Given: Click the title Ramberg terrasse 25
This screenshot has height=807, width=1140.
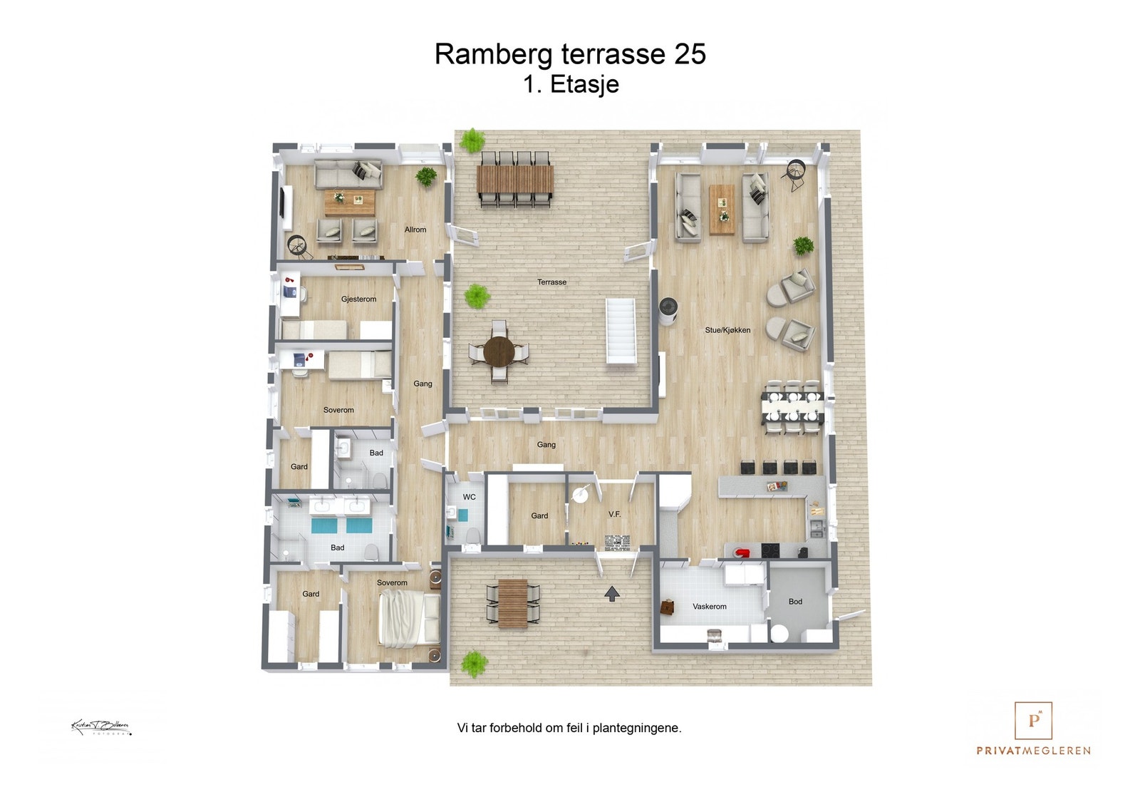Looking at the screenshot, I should tap(570, 54).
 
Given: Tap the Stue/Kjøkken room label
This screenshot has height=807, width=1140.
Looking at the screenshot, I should tap(727, 330).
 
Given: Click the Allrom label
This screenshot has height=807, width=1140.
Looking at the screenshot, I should tap(415, 230).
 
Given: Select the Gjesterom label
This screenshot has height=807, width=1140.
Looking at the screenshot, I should tap(358, 299).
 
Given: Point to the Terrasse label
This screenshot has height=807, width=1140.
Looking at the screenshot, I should tap(551, 282).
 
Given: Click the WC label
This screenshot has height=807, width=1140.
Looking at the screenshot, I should tap(469, 497).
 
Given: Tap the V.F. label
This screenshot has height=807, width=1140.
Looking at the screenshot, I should tap(614, 514).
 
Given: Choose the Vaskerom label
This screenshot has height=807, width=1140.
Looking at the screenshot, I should tap(710, 607).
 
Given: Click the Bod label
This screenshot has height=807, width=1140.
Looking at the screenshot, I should tap(795, 602).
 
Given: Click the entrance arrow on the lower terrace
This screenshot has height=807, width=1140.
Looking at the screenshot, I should tap(611, 593).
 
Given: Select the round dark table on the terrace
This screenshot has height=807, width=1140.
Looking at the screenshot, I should tap(499, 351).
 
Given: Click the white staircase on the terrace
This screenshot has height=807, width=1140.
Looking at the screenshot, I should tap(620, 331).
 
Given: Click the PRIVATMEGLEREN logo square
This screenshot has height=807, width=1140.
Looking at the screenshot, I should tap(1033, 721).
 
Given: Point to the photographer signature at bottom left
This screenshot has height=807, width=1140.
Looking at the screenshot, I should tap(100, 728).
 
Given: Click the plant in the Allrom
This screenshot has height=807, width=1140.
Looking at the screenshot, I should tap(426, 175).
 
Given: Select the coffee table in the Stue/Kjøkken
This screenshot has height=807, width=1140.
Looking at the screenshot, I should tap(722, 209).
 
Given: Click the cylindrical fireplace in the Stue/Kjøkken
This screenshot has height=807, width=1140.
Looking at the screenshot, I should tap(668, 311).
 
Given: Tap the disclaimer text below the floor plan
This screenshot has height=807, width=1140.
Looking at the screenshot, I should tap(569, 728).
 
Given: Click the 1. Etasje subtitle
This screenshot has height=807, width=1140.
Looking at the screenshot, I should tap(571, 84).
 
